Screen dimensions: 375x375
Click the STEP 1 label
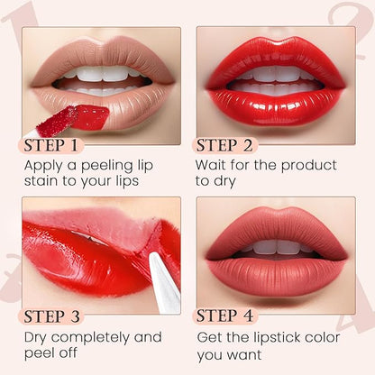(x=50, y=145)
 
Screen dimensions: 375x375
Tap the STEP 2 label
(x=224, y=145)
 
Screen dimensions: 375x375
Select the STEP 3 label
(x=52, y=316)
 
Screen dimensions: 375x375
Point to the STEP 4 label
(x=224, y=316)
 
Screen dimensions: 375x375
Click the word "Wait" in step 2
(x=210, y=165)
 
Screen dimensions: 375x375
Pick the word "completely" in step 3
(x=91, y=338)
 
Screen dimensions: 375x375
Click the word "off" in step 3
(x=68, y=352)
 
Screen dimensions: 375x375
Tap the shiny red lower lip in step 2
(x=275, y=106)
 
